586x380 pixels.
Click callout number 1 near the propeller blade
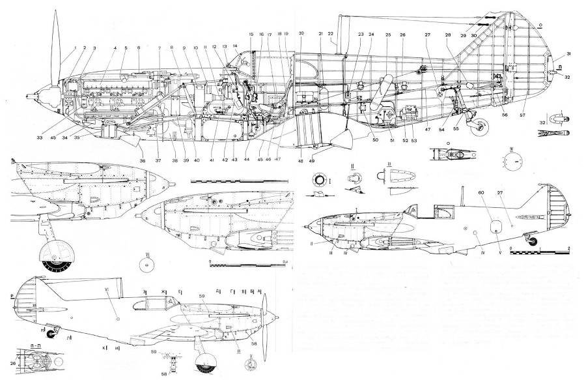pos(75,48)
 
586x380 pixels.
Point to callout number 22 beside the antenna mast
pos(330,33)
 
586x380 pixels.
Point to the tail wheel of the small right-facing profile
pos(537,243)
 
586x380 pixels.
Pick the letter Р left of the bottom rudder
pos(13,295)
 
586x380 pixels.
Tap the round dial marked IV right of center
pos(511,162)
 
